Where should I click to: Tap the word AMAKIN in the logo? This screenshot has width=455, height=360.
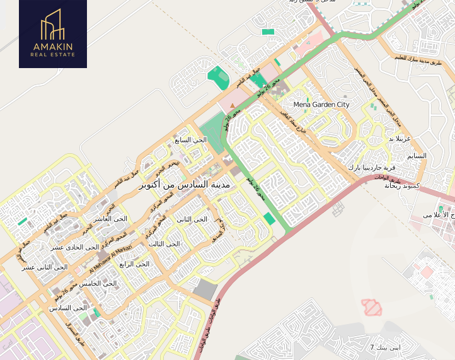coord(53,47)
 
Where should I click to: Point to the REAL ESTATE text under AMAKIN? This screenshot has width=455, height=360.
coord(53,55)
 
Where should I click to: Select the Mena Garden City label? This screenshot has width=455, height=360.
coord(321,105)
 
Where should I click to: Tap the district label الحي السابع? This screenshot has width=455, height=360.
coord(191,140)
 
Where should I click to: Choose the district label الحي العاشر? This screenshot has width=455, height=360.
coord(110,219)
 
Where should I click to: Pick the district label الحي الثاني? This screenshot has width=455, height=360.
coord(192,219)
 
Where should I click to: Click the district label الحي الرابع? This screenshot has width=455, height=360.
coord(134,264)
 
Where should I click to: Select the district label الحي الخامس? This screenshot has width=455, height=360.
coord(101,284)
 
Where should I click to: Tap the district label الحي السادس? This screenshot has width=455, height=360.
coord(68,308)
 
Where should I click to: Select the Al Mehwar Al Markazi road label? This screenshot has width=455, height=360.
coord(112,258)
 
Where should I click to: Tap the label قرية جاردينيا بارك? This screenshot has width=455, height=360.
coord(372,168)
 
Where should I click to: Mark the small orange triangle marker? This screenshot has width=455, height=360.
coord(233,105)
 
